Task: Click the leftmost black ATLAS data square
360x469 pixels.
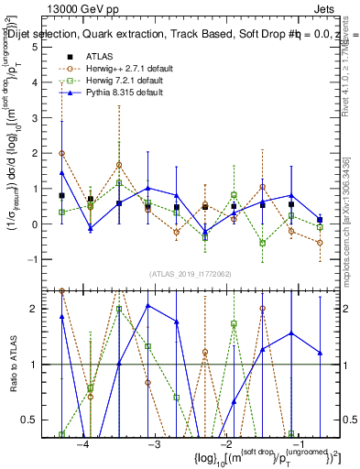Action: pyautogui.click(x=61, y=195)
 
